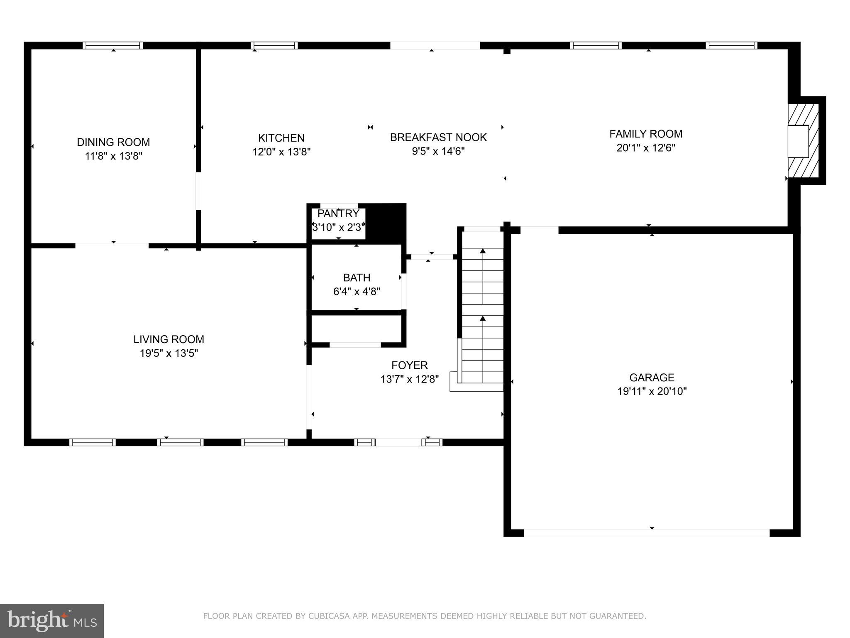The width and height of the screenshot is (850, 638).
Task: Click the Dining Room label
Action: pyautogui.click(x=113, y=142)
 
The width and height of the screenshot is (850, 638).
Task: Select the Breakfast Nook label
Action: pyautogui.click(x=438, y=137)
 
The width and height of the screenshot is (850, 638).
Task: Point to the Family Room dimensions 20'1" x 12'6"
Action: pyautogui.click(x=646, y=148)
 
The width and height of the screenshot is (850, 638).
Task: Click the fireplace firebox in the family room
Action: pyautogui.click(x=798, y=141)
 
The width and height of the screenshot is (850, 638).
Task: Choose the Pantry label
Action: pyautogui.click(x=338, y=213)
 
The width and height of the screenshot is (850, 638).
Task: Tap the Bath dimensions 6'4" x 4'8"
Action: pyautogui.click(x=357, y=292)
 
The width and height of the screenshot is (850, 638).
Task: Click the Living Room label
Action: pyautogui.click(x=169, y=339)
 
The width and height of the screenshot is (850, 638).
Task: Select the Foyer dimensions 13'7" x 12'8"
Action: pyautogui.click(x=410, y=379)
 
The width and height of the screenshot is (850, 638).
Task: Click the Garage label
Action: pyautogui.click(x=652, y=378)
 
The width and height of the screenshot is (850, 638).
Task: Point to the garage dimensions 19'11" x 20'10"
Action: pyautogui.click(x=652, y=391)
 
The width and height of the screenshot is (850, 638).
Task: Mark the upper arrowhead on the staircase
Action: pyautogui.click(x=483, y=251)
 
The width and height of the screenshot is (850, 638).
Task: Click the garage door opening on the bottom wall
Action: pyautogui.click(x=647, y=533)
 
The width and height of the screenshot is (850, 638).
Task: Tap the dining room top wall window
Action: pyautogui.click(x=112, y=46)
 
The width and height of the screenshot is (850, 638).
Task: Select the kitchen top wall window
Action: pyautogui.click(x=274, y=46)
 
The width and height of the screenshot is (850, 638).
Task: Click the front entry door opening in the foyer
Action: pyautogui.click(x=398, y=442)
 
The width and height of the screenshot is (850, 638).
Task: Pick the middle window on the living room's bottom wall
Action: pyautogui.click(x=180, y=442)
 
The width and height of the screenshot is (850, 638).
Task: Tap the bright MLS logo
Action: pyautogui.click(x=52, y=621)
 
